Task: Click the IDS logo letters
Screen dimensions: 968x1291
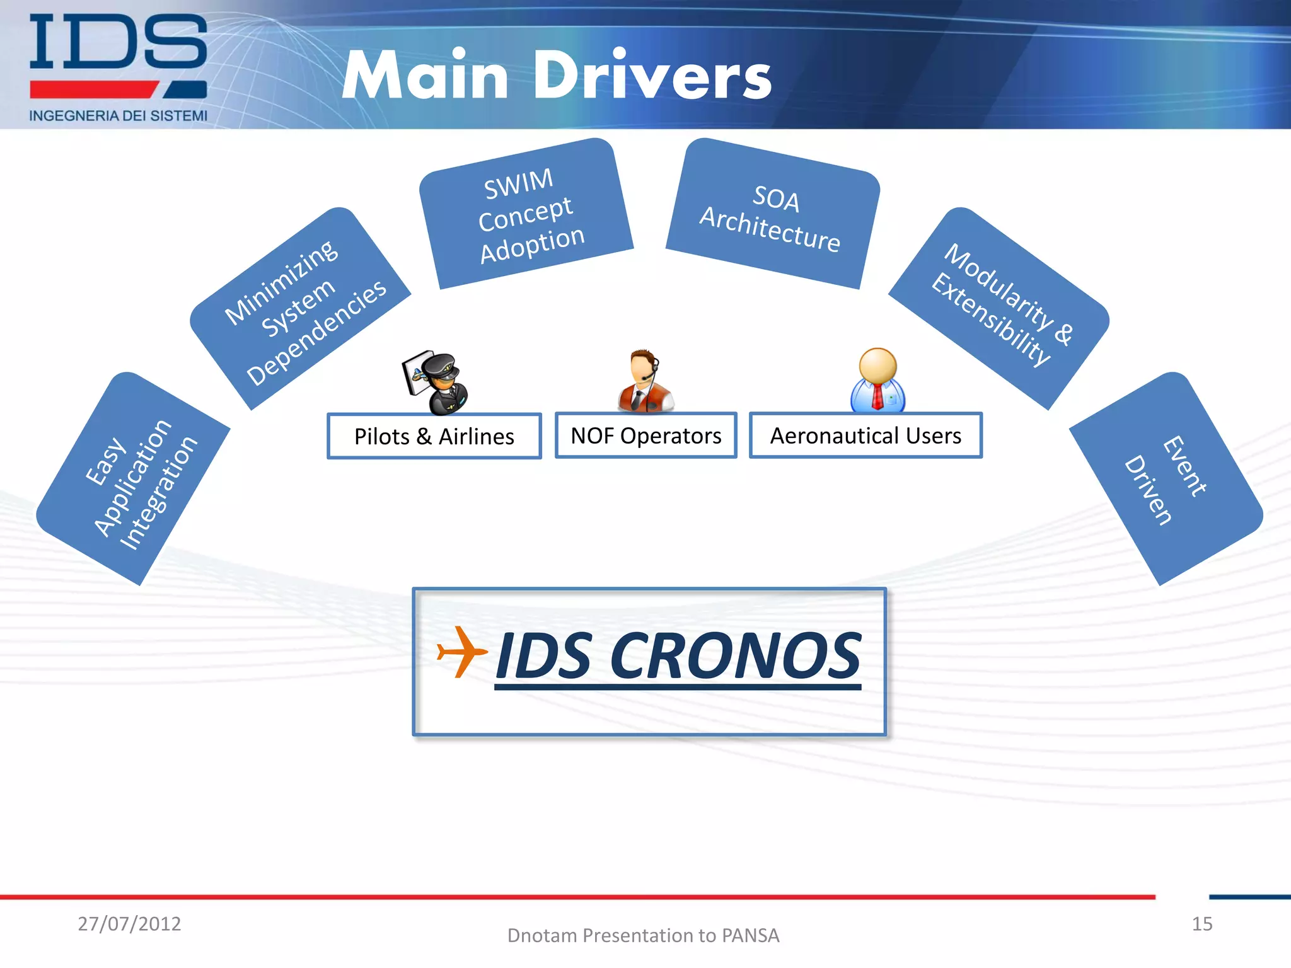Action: [118, 43]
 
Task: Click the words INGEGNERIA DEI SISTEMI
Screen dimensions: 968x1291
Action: [118, 116]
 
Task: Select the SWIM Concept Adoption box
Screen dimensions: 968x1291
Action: [527, 214]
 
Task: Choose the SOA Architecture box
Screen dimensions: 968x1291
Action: [772, 214]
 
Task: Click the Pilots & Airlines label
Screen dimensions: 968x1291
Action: [434, 436]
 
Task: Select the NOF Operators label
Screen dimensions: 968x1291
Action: [645, 435]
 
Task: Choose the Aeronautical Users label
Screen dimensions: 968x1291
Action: [865, 435]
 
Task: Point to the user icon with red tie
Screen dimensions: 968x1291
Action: [877, 379]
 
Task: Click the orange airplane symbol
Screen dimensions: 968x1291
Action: [461, 652]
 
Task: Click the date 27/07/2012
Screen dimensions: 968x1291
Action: [129, 924]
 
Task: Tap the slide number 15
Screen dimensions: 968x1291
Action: [1201, 924]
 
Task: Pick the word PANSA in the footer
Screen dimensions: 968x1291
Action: [750, 936]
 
